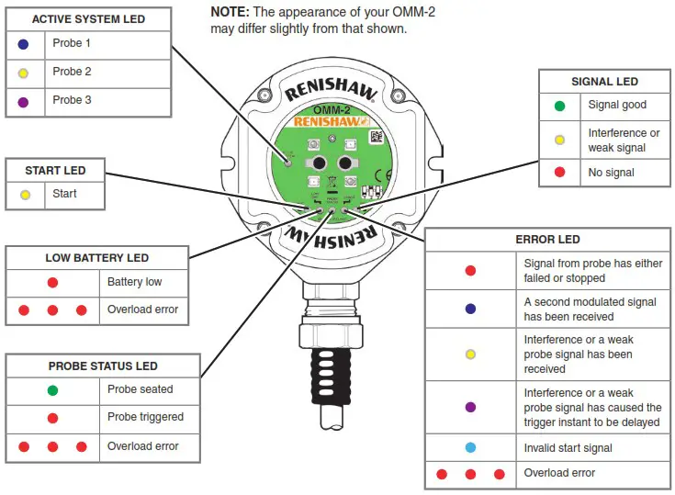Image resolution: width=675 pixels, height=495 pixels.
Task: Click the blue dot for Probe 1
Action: pos(24,43)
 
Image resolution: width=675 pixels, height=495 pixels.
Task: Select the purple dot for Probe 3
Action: pos(24,100)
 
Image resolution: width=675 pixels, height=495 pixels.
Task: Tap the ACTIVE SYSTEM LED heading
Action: pos(88,19)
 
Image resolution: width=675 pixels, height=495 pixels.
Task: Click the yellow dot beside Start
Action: pos(25,194)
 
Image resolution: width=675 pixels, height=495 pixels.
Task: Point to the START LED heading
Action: pos(55,170)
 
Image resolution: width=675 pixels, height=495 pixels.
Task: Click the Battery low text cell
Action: pos(134,283)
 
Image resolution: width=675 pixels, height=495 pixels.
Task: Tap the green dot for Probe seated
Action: pos(52,389)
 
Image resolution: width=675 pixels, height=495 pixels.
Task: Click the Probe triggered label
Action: pos(145,417)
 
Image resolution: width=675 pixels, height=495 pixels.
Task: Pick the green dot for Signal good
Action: pos(559,106)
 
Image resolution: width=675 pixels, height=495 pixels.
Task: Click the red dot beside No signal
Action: pos(559,173)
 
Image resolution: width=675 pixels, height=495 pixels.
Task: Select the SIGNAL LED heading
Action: pos(603,82)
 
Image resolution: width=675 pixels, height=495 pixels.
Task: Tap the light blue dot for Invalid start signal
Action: pos(470,447)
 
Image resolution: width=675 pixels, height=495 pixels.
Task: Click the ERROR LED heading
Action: pos(547,240)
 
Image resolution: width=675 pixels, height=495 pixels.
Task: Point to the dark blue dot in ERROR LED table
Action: pos(470,309)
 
